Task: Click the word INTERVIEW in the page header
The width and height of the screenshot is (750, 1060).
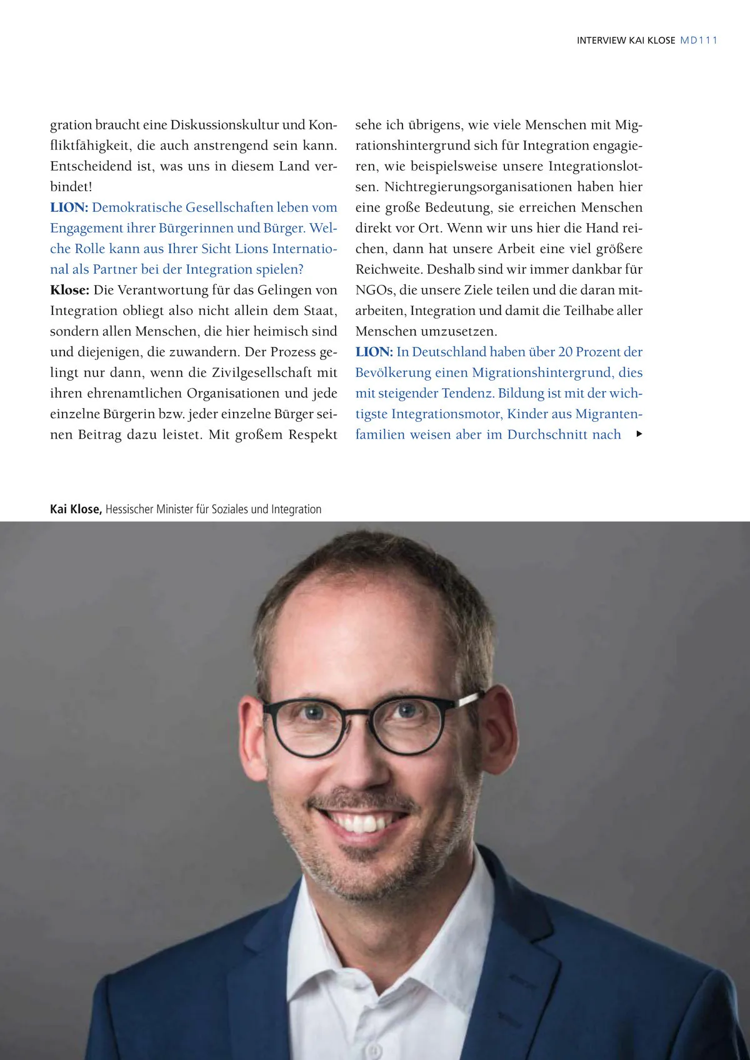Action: coord(601,41)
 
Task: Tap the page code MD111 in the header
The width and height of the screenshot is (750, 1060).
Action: coord(699,41)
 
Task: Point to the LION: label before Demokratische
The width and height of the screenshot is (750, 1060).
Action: coord(69,207)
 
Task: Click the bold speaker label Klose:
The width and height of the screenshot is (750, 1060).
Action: coord(70,290)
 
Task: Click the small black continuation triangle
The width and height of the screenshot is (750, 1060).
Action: coord(639,434)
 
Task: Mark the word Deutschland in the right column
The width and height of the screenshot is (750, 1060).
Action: coord(449,352)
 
